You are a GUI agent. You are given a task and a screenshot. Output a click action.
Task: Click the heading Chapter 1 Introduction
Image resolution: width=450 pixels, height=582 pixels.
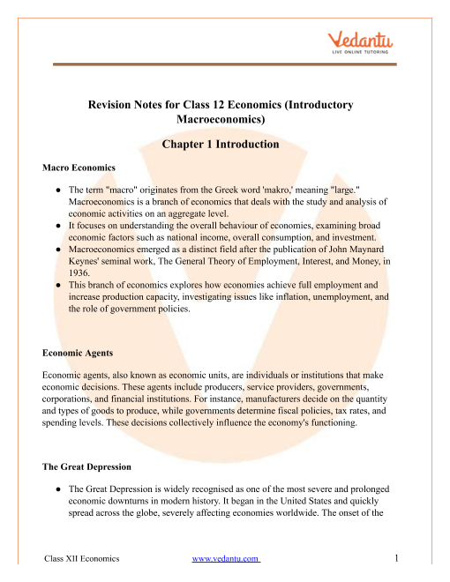tap(225, 145)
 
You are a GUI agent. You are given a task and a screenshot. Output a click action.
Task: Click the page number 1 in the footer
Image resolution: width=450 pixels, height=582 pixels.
tap(399, 558)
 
